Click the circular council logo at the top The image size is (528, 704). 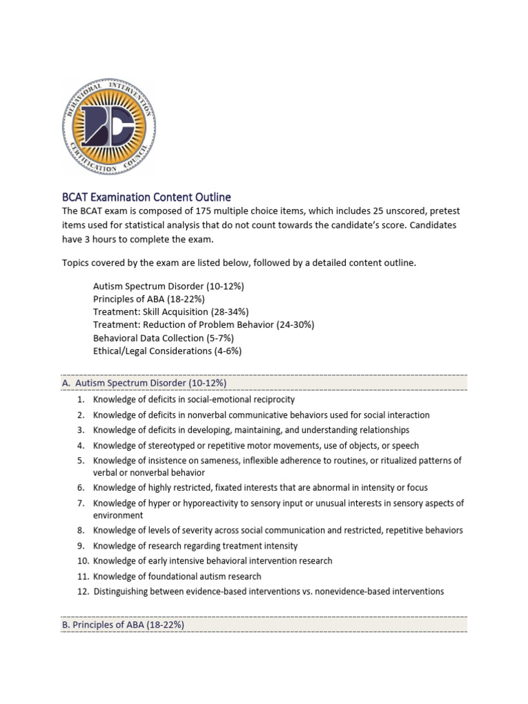point(109,126)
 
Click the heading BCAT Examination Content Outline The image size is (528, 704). point(146,197)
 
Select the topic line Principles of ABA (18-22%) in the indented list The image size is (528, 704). point(148,299)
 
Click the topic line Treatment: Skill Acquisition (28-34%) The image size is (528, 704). point(170,311)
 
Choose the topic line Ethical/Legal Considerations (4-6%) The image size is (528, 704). point(167,351)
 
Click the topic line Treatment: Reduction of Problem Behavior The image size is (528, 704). point(203,324)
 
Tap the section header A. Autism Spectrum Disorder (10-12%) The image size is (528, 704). point(144,382)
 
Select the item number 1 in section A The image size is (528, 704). point(80,399)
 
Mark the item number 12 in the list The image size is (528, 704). point(82,591)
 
